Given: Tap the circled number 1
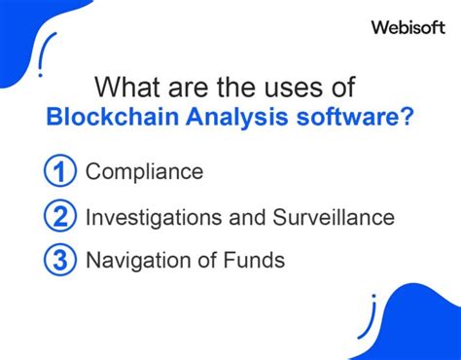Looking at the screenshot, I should click(60, 172).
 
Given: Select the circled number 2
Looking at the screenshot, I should click(60, 217).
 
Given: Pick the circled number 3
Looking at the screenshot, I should click(60, 261).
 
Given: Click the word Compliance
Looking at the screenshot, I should click(144, 173).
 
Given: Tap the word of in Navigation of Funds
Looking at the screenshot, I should click(205, 261).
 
